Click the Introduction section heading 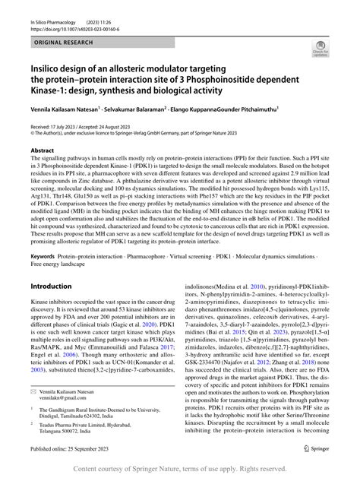pos(60,265)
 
